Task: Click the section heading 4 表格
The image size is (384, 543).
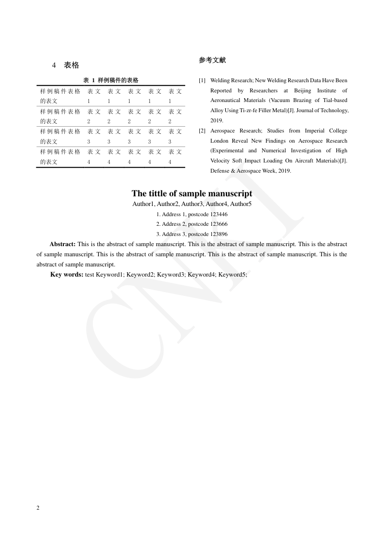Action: (x=65, y=65)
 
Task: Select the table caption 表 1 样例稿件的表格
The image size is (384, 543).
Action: (x=111, y=80)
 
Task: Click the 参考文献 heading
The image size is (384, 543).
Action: (x=212, y=60)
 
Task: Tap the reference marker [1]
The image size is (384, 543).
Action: (x=202, y=80)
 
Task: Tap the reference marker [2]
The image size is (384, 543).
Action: (x=202, y=131)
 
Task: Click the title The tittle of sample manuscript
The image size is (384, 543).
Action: (x=192, y=193)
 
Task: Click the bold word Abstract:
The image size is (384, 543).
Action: (x=62, y=244)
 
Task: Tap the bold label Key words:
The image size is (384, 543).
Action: (x=67, y=275)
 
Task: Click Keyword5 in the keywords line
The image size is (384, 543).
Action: (x=232, y=275)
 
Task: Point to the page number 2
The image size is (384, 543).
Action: (x=38, y=508)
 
